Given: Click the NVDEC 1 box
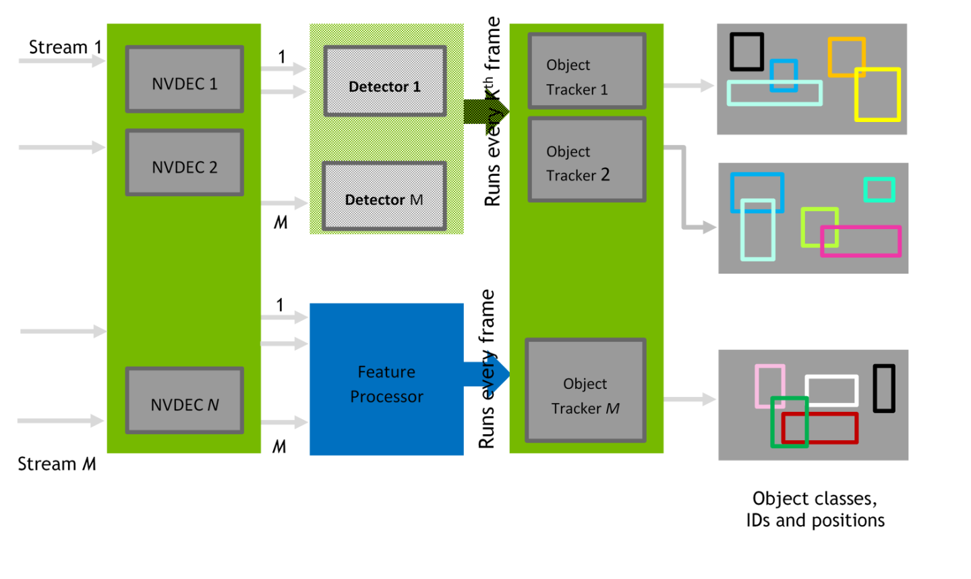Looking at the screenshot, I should [184, 79].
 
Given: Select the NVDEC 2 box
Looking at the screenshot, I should [184, 162].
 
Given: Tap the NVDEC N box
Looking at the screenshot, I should [184, 400].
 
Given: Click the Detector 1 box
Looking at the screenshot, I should [384, 81].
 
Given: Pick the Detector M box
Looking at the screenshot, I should [384, 196].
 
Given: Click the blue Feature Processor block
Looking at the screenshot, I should [386, 379].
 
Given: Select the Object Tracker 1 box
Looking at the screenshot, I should [587, 71].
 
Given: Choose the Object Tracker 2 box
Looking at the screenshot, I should [587, 160].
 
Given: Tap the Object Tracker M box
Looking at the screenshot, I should [585, 391].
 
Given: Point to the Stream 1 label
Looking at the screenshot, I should [65, 47].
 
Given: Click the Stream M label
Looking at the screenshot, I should [57, 464].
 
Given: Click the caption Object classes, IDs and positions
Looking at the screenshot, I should [815, 509].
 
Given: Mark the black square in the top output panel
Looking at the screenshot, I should [746, 51].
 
